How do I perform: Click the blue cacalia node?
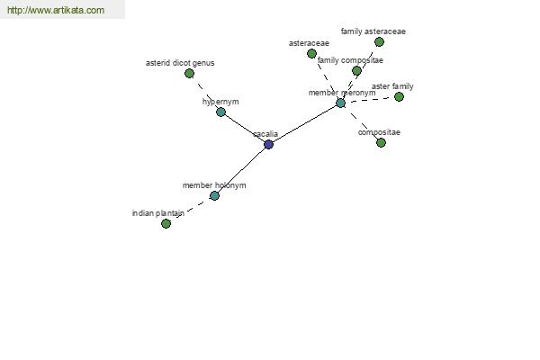tap(268, 144)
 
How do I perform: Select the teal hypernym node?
tap(220, 112)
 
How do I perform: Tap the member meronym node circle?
tap(340, 103)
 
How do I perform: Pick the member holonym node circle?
tap(214, 195)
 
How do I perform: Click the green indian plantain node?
tap(166, 223)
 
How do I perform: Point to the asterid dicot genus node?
tap(189, 74)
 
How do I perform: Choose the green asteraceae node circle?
tap(311, 53)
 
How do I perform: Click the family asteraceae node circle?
tap(379, 42)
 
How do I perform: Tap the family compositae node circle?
tap(356, 70)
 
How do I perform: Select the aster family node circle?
tap(399, 97)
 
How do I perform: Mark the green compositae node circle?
tap(381, 142)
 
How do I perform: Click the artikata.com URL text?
tap(56, 10)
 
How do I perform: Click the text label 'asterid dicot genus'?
tap(180, 63)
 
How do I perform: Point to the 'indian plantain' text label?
tap(158, 213)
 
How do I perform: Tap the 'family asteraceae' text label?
tap(373, 31)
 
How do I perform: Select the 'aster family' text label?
tap(392, 86)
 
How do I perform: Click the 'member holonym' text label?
tap(214, 185)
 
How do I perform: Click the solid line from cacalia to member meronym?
tap(305, 123)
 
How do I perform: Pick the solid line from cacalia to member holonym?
tap(241, 170)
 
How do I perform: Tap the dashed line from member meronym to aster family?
tap(370, 100)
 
